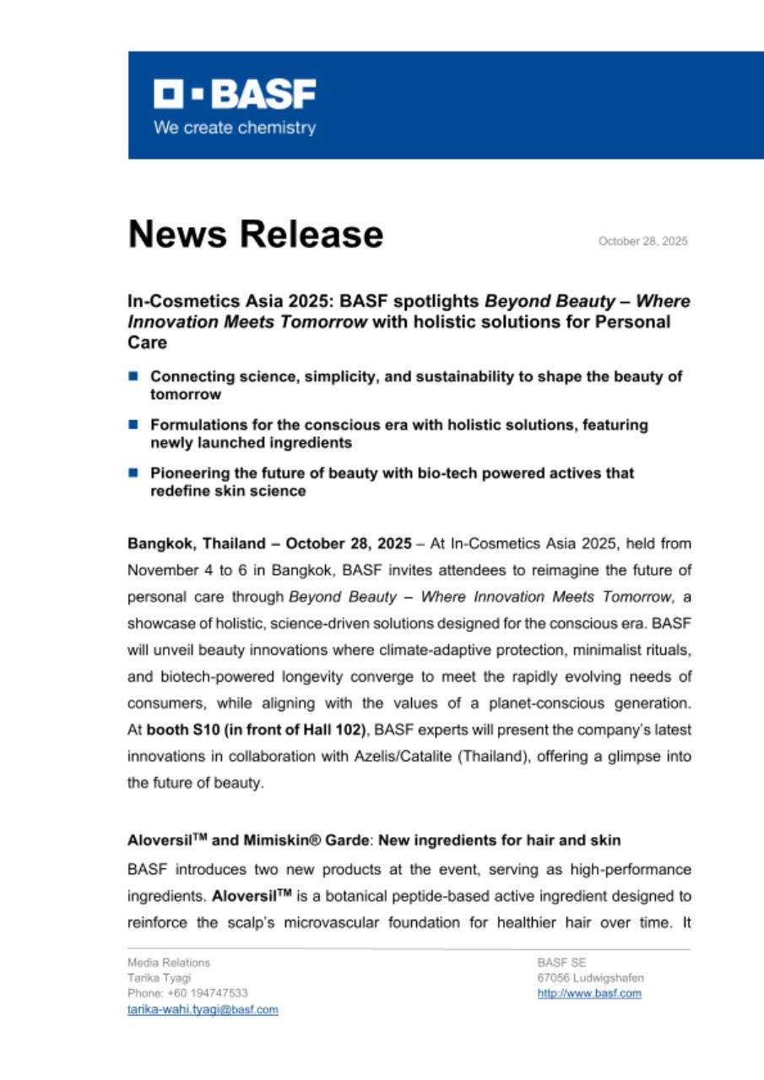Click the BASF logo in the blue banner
pyautogui.click(x=234, y=95)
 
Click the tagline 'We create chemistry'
pyautogui.click(x=234, y=128)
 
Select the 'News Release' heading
pyautogui.click(x=255, y=234)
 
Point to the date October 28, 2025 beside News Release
pyautogui.click(x=642, y=241)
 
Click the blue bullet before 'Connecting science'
pyautogui.click(x=133, y=375)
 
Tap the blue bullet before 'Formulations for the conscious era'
pyautogui.click(x=133, y=424)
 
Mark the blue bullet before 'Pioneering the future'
pyautogui.click(x=133, y=473)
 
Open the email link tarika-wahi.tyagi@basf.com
pyautogui.click(x=203, y=1010)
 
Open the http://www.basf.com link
pyautogui.click(x=589, y=994)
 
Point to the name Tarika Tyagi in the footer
pyautogui.click(x=159, y=978)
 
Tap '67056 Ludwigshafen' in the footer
pyautogui.click(x=591, y=978)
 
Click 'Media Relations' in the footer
pyautogui.click(x=169, y=963)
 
